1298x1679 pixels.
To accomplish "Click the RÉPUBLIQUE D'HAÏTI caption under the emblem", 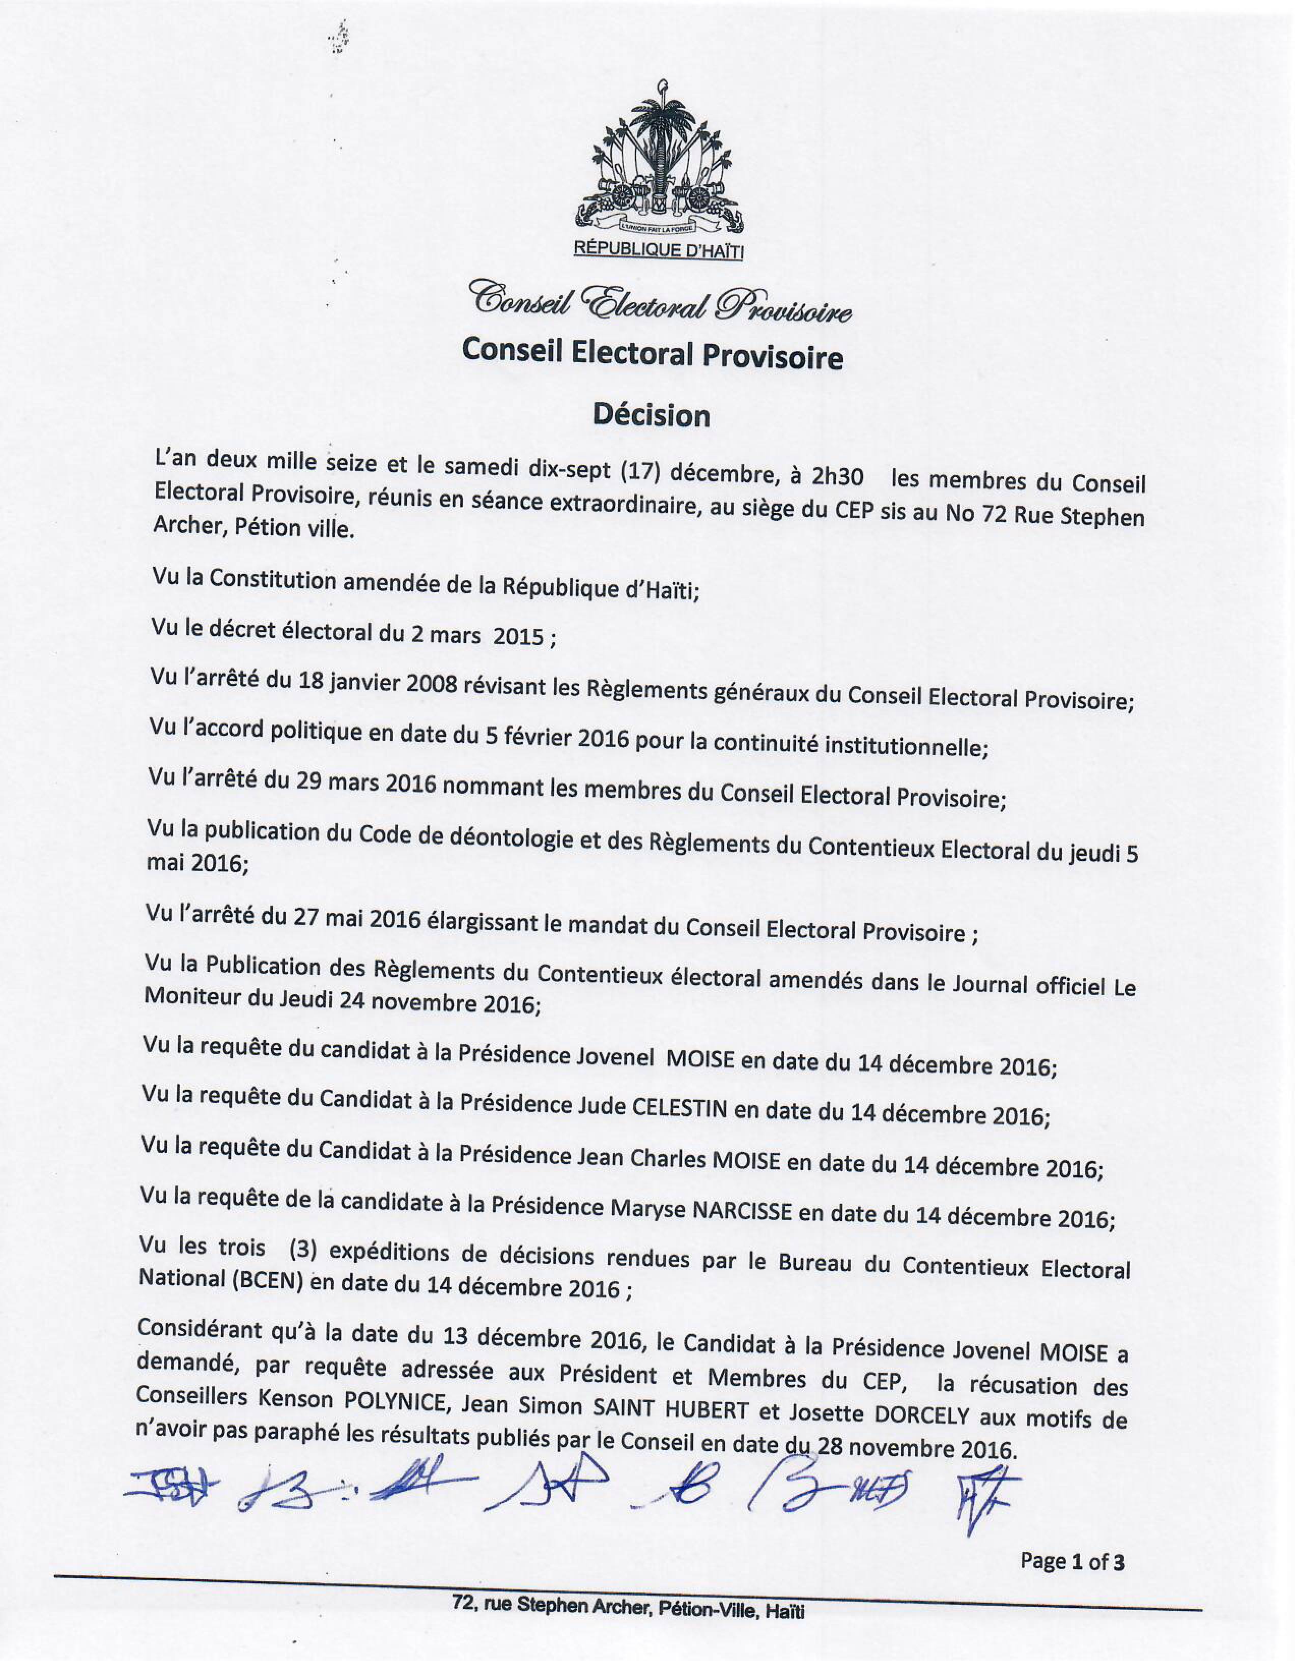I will click(x=659, y=250).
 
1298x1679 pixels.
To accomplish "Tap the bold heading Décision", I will click(x=651, y=416).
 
